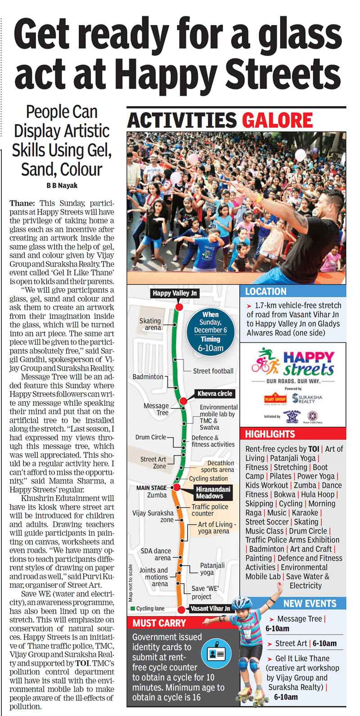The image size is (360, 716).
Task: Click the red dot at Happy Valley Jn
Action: coord(179,307)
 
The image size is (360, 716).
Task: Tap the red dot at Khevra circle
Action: coord(183,401)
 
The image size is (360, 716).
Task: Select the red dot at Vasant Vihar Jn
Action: coord(181,610)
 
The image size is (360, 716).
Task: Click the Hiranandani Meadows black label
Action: coord(209,492)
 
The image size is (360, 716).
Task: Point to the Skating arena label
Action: coord(150,324)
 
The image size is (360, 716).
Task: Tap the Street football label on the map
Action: coord(213,371)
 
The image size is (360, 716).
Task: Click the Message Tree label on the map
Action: coord(156,409)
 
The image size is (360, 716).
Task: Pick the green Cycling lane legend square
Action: coord(133,609)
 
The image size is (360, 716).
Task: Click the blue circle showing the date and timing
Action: coord(211,331)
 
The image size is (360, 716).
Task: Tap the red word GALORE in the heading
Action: coord(277,120)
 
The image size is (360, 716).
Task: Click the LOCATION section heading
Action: coord(266,291)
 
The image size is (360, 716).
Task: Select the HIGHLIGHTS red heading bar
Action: coord(293,434)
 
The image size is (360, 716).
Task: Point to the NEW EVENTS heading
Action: coord(310,604)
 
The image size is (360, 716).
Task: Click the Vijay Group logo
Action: coord(274,398)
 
